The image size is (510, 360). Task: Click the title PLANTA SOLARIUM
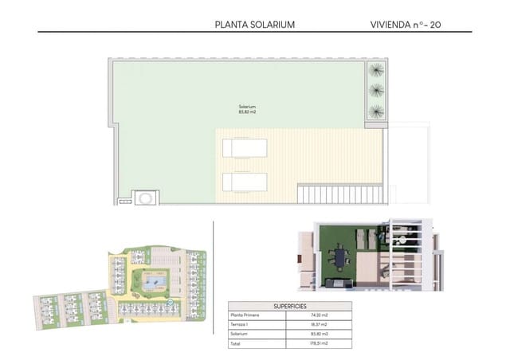255,25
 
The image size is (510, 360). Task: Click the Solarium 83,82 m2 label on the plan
247,110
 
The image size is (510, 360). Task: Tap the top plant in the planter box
375,71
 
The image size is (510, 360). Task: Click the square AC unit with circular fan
147,197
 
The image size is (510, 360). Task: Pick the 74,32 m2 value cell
321,315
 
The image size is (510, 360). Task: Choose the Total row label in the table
236,342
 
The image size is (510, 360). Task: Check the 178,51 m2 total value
321,342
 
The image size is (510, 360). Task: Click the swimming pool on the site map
152,280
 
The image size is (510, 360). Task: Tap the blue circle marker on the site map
171,303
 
